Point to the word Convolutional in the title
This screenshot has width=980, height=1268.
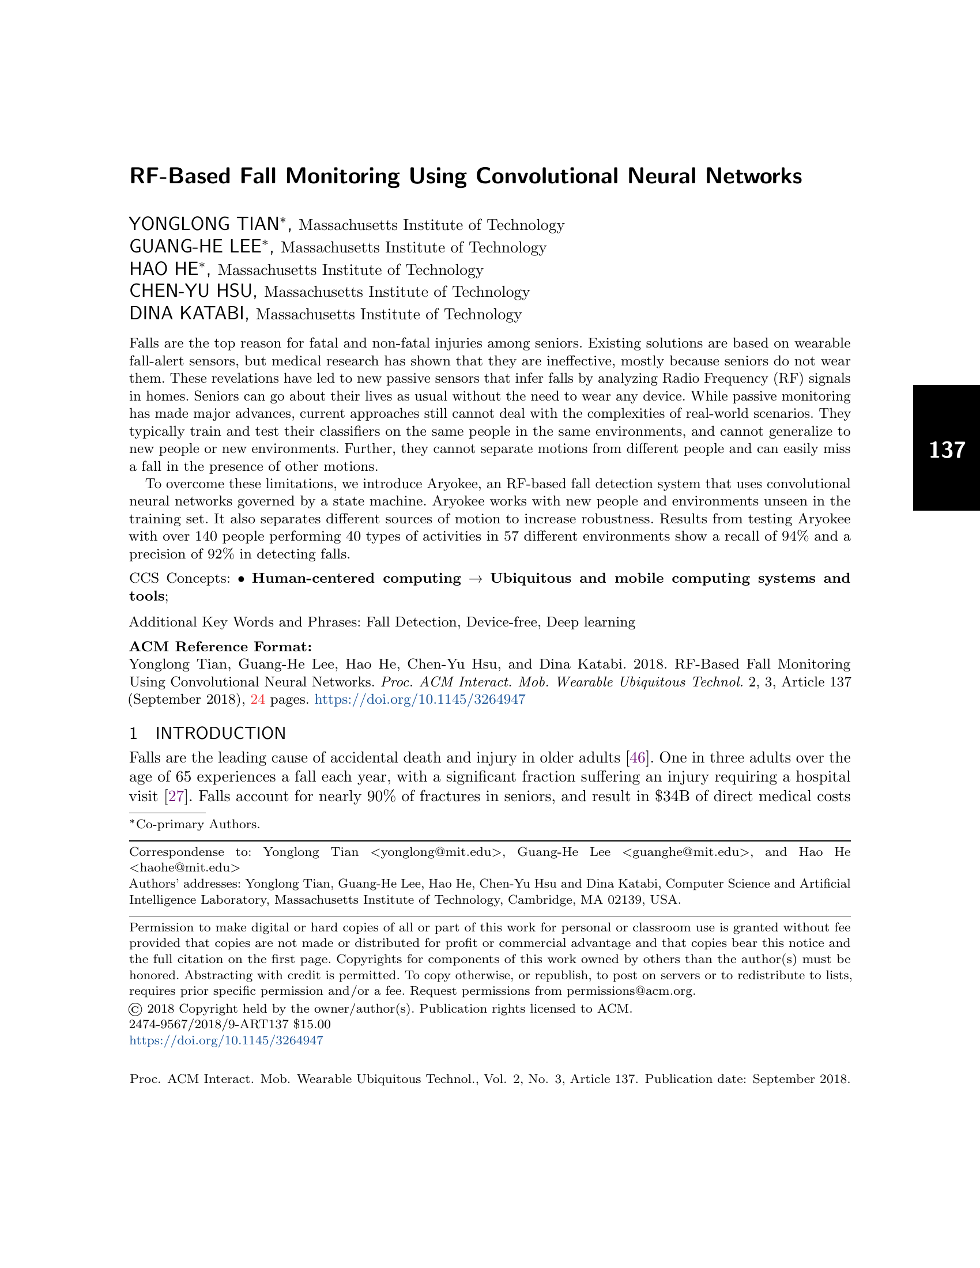point(547,176)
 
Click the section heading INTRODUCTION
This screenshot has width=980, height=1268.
point(221,733)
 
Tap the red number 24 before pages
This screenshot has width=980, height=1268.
point(258,700)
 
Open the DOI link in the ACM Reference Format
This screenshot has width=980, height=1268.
point(420,700)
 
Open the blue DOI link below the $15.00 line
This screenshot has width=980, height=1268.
point(226,1040)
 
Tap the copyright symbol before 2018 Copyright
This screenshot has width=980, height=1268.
point(135,1009)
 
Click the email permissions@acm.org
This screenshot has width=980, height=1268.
point(630,991)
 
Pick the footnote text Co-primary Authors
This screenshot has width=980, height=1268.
point(197,824)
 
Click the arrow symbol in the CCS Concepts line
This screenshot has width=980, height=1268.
point(476,579)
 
